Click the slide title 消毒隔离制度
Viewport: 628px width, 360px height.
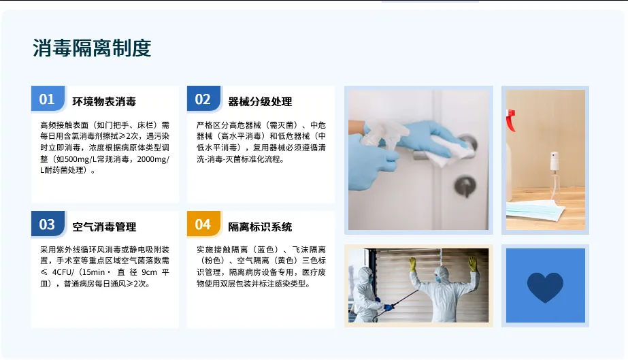pyautogui.click(x=92, y=48)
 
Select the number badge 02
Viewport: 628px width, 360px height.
pyautogui.click(x=203, y=99)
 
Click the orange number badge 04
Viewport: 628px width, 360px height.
pyautogui.click(x=203, y=224)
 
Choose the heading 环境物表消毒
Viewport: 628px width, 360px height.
pyautogui.click(x=104, y=101)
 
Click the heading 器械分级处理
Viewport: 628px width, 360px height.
pyautogui.click(x=260, y=101)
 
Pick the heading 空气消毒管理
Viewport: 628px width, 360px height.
pyautogui.click(x=104, y=227)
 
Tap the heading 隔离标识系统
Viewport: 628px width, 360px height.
pyautogui.click(x=260, y=227)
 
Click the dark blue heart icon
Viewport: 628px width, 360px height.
pyautogui.click(x=545, y=287)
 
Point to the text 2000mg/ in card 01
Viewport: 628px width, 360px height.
pyautogui.click(x=153, y=159)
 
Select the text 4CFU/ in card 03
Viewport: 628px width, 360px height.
pyautogui.click(x=63, y=272)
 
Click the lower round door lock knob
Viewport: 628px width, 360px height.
pyautogui.click(x=465, y=186)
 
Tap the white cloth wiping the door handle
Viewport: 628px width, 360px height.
pyautogui.click(x=448, y=151)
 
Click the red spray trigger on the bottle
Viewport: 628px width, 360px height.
pyautogui.click(x=511, y=120)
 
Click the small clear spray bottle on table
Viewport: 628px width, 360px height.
pyautogui.click(x=555, y=176)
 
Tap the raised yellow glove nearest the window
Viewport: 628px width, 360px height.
pyautogui.click(x=412, y=264)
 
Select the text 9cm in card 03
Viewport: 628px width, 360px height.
pyautogui.click(x=150, y=272)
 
